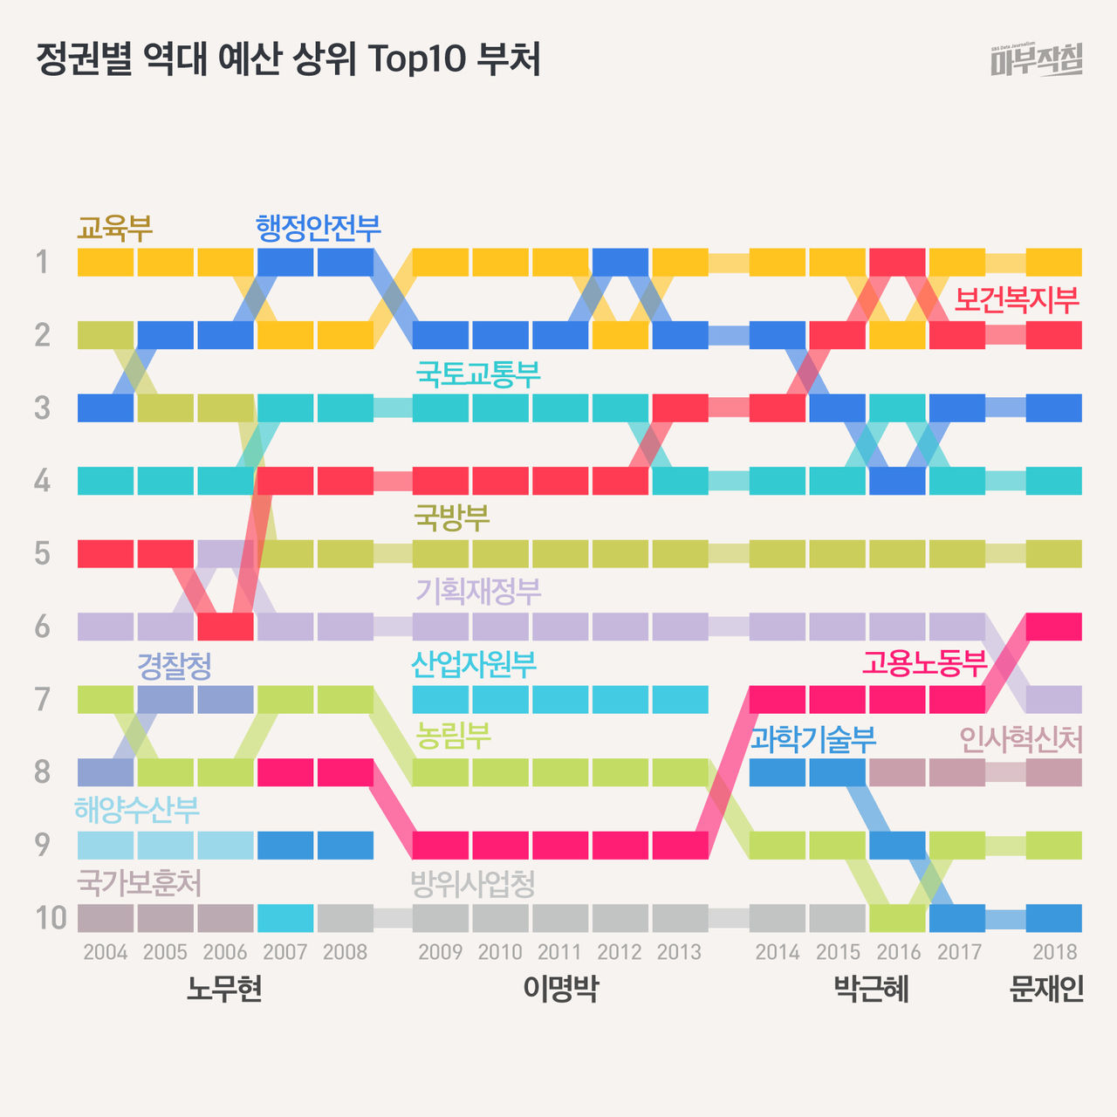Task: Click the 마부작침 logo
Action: point(1037,60)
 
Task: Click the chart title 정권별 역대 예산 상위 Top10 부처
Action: point(288,59)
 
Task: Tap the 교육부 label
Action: point(114,228)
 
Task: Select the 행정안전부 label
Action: point(319,228)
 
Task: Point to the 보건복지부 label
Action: point(1017,300)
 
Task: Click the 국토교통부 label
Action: point(477,374)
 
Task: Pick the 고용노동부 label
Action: point(924,663)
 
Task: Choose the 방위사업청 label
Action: point(472,885)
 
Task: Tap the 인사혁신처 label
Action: point(1020,740)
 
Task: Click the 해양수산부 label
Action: point(137,810)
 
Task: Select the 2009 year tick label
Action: point(440,952)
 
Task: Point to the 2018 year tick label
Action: point(1054,952)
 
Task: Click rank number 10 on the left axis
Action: point(51,918)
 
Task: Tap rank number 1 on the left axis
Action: point(41,262)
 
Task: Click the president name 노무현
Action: point(224,990)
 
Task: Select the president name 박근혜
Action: point(871,990)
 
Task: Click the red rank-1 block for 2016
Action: point(897,262)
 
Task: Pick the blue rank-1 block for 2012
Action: point(620,262)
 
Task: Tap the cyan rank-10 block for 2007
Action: point(285,918)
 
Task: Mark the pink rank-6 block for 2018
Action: point(1054,626)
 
